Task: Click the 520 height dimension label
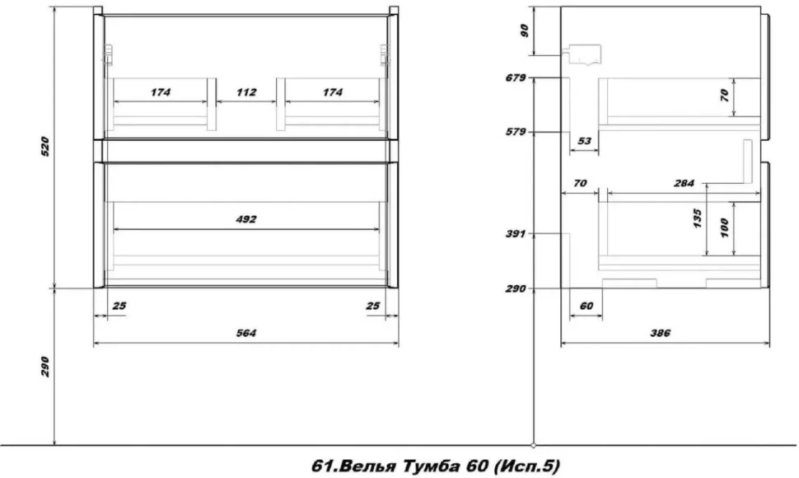coord(45,147)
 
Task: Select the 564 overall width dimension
coord(246,333)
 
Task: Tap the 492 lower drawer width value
coord(246,220)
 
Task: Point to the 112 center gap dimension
coord(246,93)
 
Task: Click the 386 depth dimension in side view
coord(661,333)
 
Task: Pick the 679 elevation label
coord(516,78)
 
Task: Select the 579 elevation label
coord(516,132)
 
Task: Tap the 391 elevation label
coord(516,234)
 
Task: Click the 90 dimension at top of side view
coord(525,30)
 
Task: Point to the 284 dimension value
coord(684,184)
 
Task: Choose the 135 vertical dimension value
coord(698,218)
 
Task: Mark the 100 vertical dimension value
coord(725,227)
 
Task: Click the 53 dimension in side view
coord(585,141)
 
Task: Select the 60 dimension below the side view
coord(586,306)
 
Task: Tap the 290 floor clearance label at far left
coord(45,367)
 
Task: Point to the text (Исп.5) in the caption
coord(527,466)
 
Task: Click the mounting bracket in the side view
coord(582,55)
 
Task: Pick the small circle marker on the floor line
coord(534,445)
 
